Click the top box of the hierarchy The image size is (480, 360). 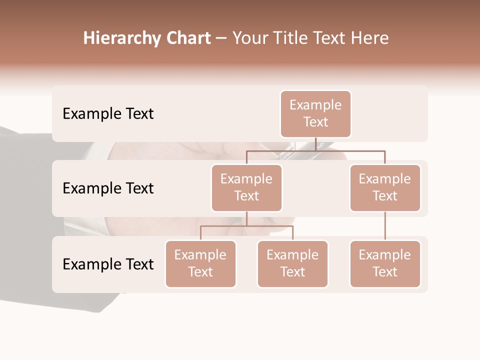pos(315,114)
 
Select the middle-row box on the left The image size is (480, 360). pos(246,188)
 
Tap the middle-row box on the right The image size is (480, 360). pos(385,188)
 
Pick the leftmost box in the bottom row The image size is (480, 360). pos(200,264)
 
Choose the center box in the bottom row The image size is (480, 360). pos(292,264)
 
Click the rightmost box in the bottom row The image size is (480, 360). pos(385,264)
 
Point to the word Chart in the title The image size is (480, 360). pos(188,38)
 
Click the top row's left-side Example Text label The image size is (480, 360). pos(108,114)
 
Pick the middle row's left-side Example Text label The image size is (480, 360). pos(108,188)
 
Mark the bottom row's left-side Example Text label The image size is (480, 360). pos(108,264)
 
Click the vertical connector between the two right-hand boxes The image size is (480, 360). pos(385,225)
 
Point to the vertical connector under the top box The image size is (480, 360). pos(315,144)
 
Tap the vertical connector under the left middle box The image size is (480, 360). pos(246,218)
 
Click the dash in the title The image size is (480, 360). pos(221,38)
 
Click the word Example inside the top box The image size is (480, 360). pos(315,105)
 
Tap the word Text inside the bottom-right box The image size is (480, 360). pos(385,272)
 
